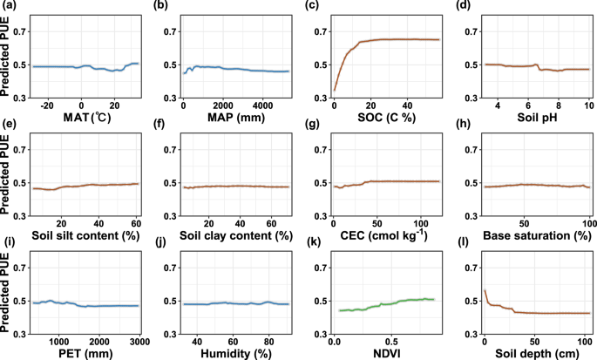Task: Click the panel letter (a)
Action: coord(9,6)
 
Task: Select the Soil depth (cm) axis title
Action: coord(534,351)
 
